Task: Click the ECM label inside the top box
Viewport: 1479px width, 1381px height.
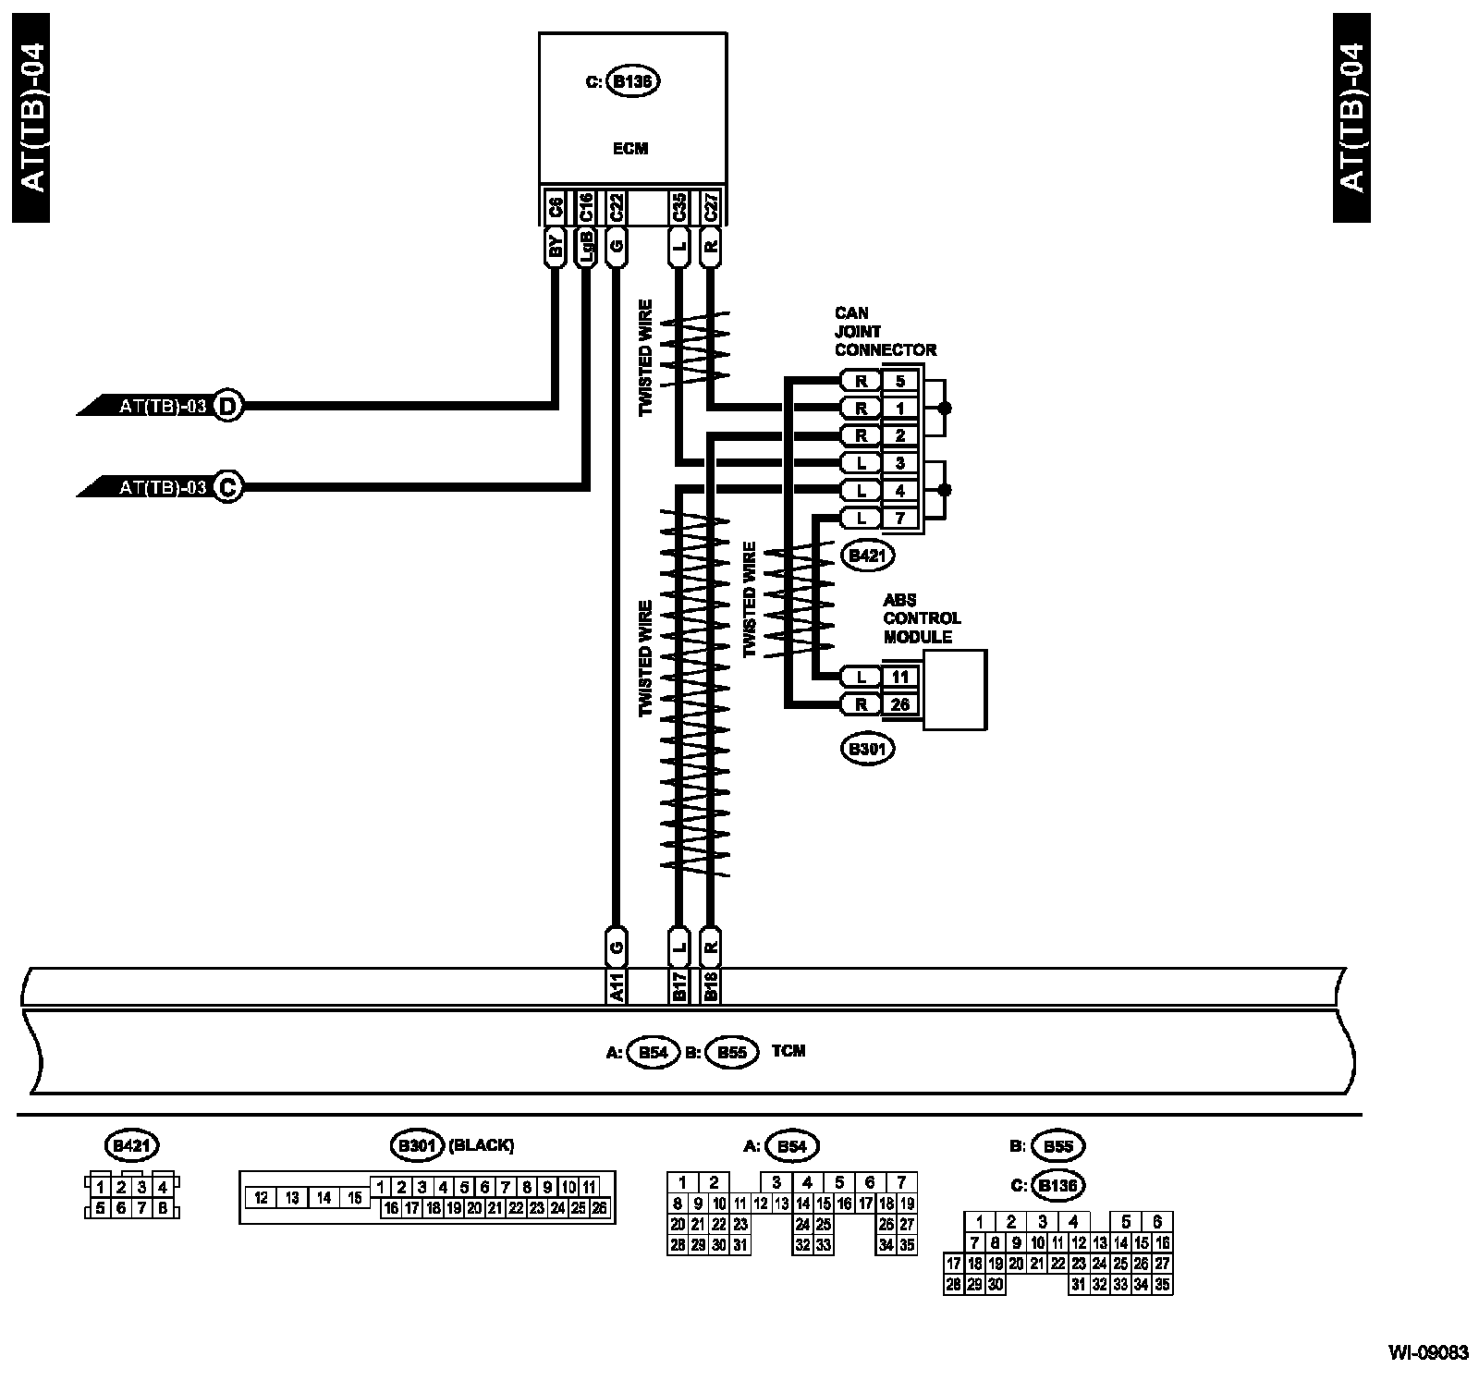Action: [630, 148]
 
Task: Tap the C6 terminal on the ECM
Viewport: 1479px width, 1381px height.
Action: [556, 208]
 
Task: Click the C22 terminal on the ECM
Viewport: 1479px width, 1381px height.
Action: [616, 208]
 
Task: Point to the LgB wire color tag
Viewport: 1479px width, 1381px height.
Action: [585, 247]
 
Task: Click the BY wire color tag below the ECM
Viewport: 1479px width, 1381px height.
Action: [556, 247]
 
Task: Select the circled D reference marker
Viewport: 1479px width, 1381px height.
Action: [227, 406]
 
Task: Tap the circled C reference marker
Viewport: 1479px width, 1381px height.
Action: [227, 487]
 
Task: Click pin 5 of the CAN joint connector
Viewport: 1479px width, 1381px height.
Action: [900, 381]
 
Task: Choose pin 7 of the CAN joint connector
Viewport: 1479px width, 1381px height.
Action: [900, 519]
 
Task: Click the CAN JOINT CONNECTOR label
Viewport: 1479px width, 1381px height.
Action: [885, 332]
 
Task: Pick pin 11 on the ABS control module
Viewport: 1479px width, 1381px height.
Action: [900, 677]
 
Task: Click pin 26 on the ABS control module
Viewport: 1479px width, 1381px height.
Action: [900, 704]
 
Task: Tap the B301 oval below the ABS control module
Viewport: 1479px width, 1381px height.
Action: [867, 749]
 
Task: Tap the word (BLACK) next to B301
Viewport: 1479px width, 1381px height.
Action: [481, 1145]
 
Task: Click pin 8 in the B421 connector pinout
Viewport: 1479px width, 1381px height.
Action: [163, 1207]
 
